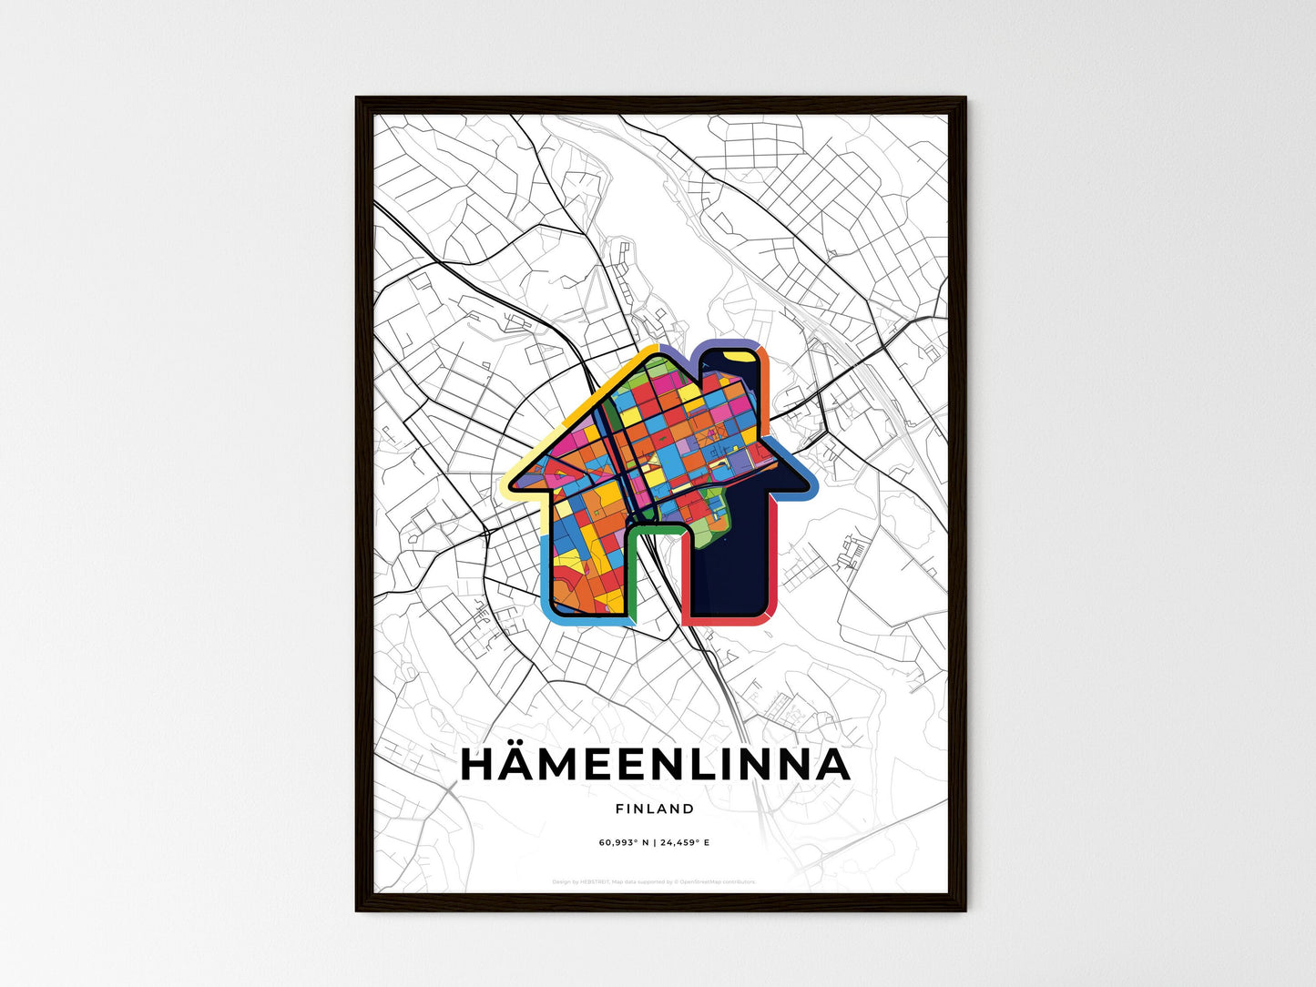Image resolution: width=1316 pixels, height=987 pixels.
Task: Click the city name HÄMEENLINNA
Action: tap(655, 766)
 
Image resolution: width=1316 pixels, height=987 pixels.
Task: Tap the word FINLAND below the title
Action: tap(655, 809)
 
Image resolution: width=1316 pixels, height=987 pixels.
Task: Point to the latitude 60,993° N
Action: tap(624, 842)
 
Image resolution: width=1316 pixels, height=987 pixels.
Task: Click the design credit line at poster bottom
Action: tap(655, 881)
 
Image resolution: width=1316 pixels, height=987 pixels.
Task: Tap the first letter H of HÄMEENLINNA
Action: tap(481, 766)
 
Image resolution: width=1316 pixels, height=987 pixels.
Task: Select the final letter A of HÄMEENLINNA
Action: tap(831, 766)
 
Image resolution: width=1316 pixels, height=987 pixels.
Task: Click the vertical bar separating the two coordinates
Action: tap(655, 842)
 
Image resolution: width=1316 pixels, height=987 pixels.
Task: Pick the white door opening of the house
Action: tap(655, 583)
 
